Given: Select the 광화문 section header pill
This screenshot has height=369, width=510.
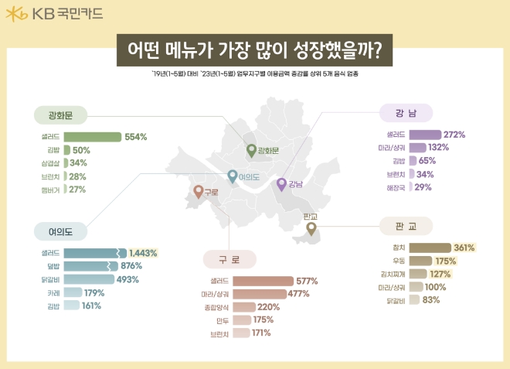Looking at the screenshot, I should [61, 116].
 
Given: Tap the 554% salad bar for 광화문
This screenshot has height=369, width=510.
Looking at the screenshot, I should [93, 137].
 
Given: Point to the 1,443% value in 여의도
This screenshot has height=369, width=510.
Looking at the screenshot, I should [143, 253].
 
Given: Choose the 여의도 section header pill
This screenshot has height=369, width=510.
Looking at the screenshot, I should [61, 231].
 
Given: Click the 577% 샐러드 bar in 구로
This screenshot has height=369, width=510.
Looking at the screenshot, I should [263, 281].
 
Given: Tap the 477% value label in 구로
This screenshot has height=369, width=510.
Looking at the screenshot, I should [299, 294].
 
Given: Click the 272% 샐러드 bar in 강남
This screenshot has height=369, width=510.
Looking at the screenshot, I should [424, 135].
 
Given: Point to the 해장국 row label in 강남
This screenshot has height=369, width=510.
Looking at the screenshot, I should [395, 187].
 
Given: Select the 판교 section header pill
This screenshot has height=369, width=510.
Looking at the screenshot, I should [406, 227].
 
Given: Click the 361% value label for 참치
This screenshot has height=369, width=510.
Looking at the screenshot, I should [464, 248].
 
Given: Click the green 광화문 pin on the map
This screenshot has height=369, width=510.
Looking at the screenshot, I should [250, 149].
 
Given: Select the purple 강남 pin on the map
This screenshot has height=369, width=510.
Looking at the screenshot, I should [282, 183].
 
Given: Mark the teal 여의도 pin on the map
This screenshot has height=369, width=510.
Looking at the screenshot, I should [232, 175].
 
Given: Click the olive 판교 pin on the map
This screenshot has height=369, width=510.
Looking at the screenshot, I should [311, 228].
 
